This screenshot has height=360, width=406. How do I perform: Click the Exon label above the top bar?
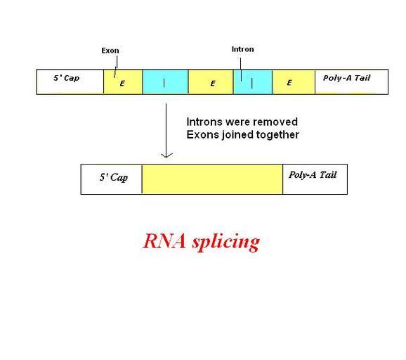[110, 51]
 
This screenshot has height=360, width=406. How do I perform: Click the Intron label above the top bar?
[242, 49]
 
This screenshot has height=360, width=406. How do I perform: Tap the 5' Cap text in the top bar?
[66, 78]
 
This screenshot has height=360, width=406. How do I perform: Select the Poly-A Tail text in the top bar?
[347, 78]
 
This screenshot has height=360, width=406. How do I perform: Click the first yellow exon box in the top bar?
[123, 82]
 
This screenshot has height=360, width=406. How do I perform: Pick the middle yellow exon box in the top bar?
[211, 82]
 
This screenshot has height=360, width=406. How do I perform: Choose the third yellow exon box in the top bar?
[294, 82]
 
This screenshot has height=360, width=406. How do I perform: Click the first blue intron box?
[166, 82]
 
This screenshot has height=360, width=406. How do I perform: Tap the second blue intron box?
[253, 82]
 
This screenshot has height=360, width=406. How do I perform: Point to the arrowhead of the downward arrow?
[166, 157]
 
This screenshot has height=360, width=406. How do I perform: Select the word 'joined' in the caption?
[237, 135]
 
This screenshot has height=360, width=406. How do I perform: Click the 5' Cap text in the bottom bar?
[114, 177]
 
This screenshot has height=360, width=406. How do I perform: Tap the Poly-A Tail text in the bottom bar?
[313, 174]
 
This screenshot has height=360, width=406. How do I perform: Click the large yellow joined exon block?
[212, 179]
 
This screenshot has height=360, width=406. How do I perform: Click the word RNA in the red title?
[164, 240]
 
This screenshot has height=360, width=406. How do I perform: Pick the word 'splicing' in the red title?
[225, 242]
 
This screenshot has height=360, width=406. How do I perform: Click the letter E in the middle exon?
[213, 83]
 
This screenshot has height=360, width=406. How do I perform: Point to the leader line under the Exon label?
[116, 67]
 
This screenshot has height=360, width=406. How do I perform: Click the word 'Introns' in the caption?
[205, 122]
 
